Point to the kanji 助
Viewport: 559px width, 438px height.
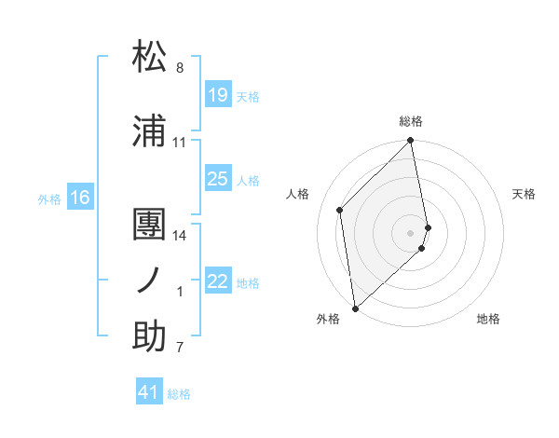pyautogui.click(x=149, y=336)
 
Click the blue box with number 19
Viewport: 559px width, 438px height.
pyautogui.click(x=218, y=95)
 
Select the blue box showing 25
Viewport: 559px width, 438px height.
pyautogui.click(x=218, y=179)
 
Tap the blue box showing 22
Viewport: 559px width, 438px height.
pyautogui.click(x=218, y=281)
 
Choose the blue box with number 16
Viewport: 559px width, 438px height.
pyautogui.click(x=80, y=198)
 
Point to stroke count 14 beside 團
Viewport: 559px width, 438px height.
pyautogui.click(x=181, y=236)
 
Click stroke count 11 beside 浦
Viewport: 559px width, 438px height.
pyautogui.click(x=180, y=143)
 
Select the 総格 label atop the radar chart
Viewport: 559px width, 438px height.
pyautogui.click(x=411, y=121)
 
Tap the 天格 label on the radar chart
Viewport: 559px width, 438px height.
pyautogui.click(x=525, y=194)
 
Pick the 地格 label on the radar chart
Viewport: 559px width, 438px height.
pyautogui.click(x=488, y=319)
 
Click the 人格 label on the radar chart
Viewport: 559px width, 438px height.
pyautogui.click(x=298, y=194)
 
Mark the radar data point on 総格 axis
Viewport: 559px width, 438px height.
pyautogui.click(x=411, y=141)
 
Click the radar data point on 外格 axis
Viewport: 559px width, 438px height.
pyautogui.click(x=355, y=308)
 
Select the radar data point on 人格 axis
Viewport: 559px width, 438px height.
pyautogui.click(x=340, y=210)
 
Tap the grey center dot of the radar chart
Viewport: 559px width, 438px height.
pyautogui.click(x=411, y=232)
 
